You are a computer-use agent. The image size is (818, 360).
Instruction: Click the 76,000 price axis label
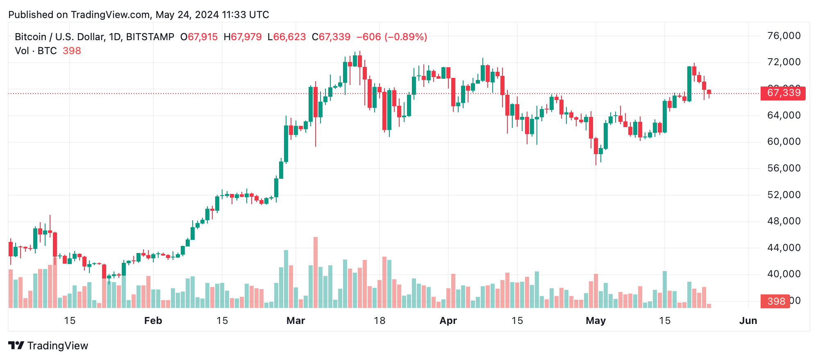(x=784, y=36)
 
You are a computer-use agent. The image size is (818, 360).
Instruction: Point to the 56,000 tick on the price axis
(x=784, y=168)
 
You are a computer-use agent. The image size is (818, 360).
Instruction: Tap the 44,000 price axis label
(x=784, y=248)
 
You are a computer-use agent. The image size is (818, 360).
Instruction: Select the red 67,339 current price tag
(x=783, y=93)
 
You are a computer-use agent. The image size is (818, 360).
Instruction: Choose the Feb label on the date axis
(x=153, y=321)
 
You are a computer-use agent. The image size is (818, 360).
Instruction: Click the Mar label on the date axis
(x=295, y=321)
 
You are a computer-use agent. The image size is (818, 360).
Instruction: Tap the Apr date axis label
(x=448, y=321)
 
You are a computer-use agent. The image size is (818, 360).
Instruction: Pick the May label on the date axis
(x=595, y=321)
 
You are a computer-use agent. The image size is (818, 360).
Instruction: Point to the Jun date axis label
(x=748, y=321)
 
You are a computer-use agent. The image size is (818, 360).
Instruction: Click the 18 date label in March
(x=379, y=321)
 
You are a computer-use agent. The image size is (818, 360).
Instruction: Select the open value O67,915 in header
(x=199, y=37)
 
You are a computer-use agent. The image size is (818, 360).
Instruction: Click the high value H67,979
(x=243, y=37)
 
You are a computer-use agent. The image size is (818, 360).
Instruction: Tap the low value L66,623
(x=286, y=37)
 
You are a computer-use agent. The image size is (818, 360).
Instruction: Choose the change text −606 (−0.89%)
(x=392, y=37)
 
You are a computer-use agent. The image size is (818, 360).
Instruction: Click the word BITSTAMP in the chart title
(x=150, y=37)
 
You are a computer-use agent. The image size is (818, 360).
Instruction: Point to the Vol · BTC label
(x=36, y=51)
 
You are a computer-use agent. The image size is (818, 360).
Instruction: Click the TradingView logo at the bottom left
(x=48, y=346)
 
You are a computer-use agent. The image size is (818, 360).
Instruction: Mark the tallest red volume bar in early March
(x=316, y=273)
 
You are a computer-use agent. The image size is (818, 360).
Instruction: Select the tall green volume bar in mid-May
(x=665, y=289)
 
